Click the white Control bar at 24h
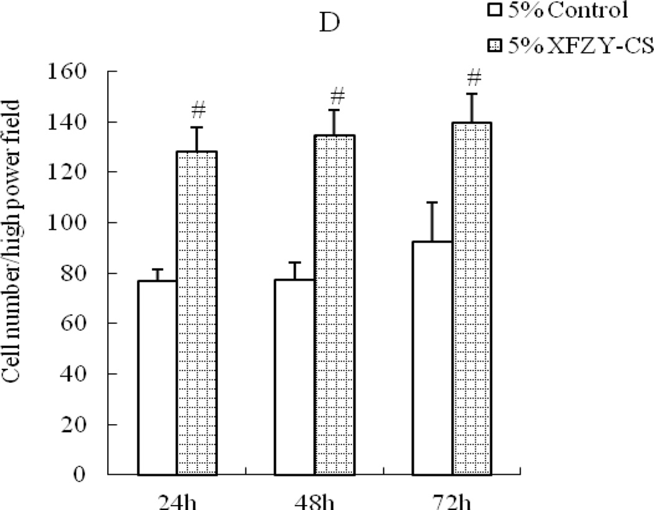tap(157, 377)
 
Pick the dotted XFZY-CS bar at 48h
tap(334, 305)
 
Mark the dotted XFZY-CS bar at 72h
tap(472, 298)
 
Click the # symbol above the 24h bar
tap(198, 111)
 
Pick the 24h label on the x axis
tap(177, 502)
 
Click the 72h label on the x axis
tap(452, 502)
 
